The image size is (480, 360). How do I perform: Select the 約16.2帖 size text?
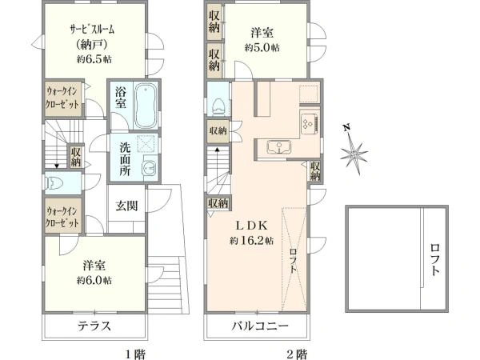click(252, 240)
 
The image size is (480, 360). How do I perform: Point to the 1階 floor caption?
click(134, 353)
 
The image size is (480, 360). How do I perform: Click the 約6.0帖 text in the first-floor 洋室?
click(94, 280)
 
